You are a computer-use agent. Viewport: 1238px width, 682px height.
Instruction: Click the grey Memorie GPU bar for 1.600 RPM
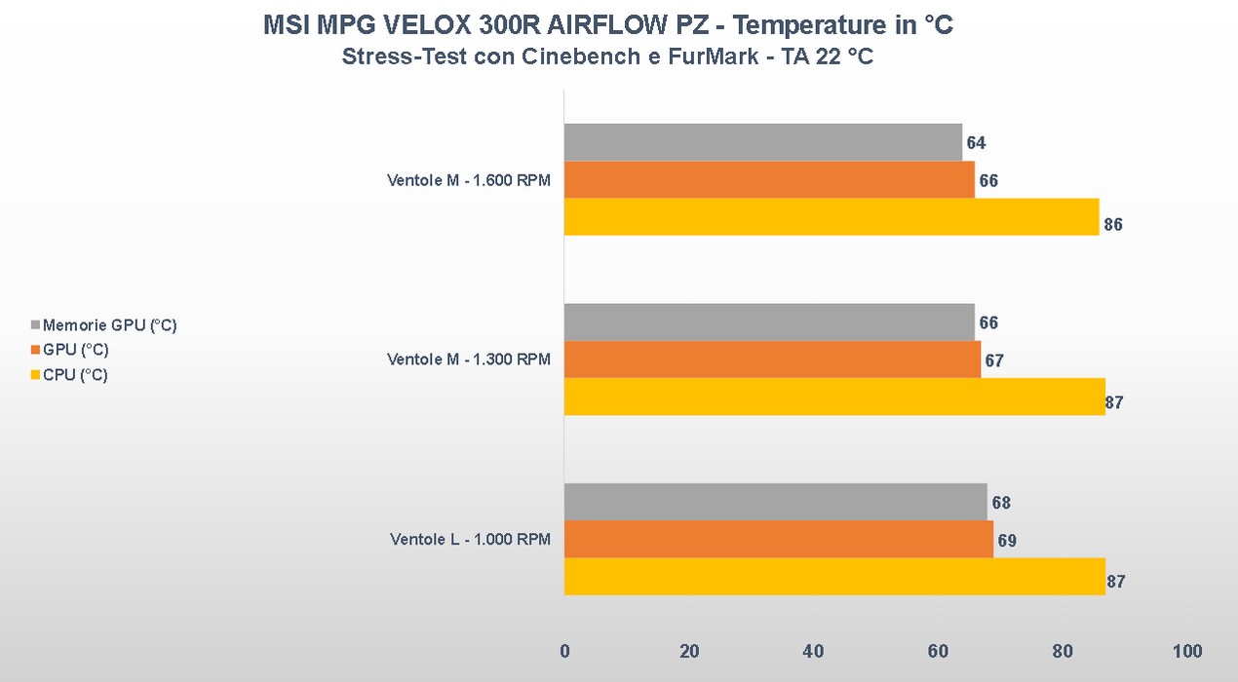pos(762,142)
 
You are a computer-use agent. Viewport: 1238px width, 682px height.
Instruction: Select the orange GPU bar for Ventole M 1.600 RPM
pos(768,180)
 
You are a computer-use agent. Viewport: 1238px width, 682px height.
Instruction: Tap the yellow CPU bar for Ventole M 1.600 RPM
pos(831,217)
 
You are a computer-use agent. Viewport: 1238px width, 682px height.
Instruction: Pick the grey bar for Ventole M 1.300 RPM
pos(768,322)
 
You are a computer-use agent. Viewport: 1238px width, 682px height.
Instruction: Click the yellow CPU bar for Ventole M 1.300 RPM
pos(833,397)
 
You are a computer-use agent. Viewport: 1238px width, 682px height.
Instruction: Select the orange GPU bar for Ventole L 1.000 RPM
pos(778,540)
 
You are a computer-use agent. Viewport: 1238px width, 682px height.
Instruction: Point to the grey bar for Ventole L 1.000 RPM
pos(775,503)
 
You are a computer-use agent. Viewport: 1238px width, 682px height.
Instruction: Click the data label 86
pos(1113,225)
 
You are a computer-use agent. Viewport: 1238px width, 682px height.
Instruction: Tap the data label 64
pos(976,143)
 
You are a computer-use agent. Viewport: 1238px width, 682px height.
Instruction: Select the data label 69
pos(1007,541)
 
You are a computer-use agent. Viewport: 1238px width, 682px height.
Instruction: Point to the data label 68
pos(1000,504)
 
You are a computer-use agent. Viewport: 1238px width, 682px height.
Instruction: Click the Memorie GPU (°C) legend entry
pos(109,325)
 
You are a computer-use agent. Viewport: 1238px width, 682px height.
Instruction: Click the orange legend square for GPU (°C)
pos(37,351)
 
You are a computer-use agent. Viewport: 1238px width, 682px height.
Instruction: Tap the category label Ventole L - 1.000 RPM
pos(470,540)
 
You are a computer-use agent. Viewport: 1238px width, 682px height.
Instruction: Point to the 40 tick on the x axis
pos(813,651)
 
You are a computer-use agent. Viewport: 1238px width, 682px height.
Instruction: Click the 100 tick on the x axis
pos(1186,651)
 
